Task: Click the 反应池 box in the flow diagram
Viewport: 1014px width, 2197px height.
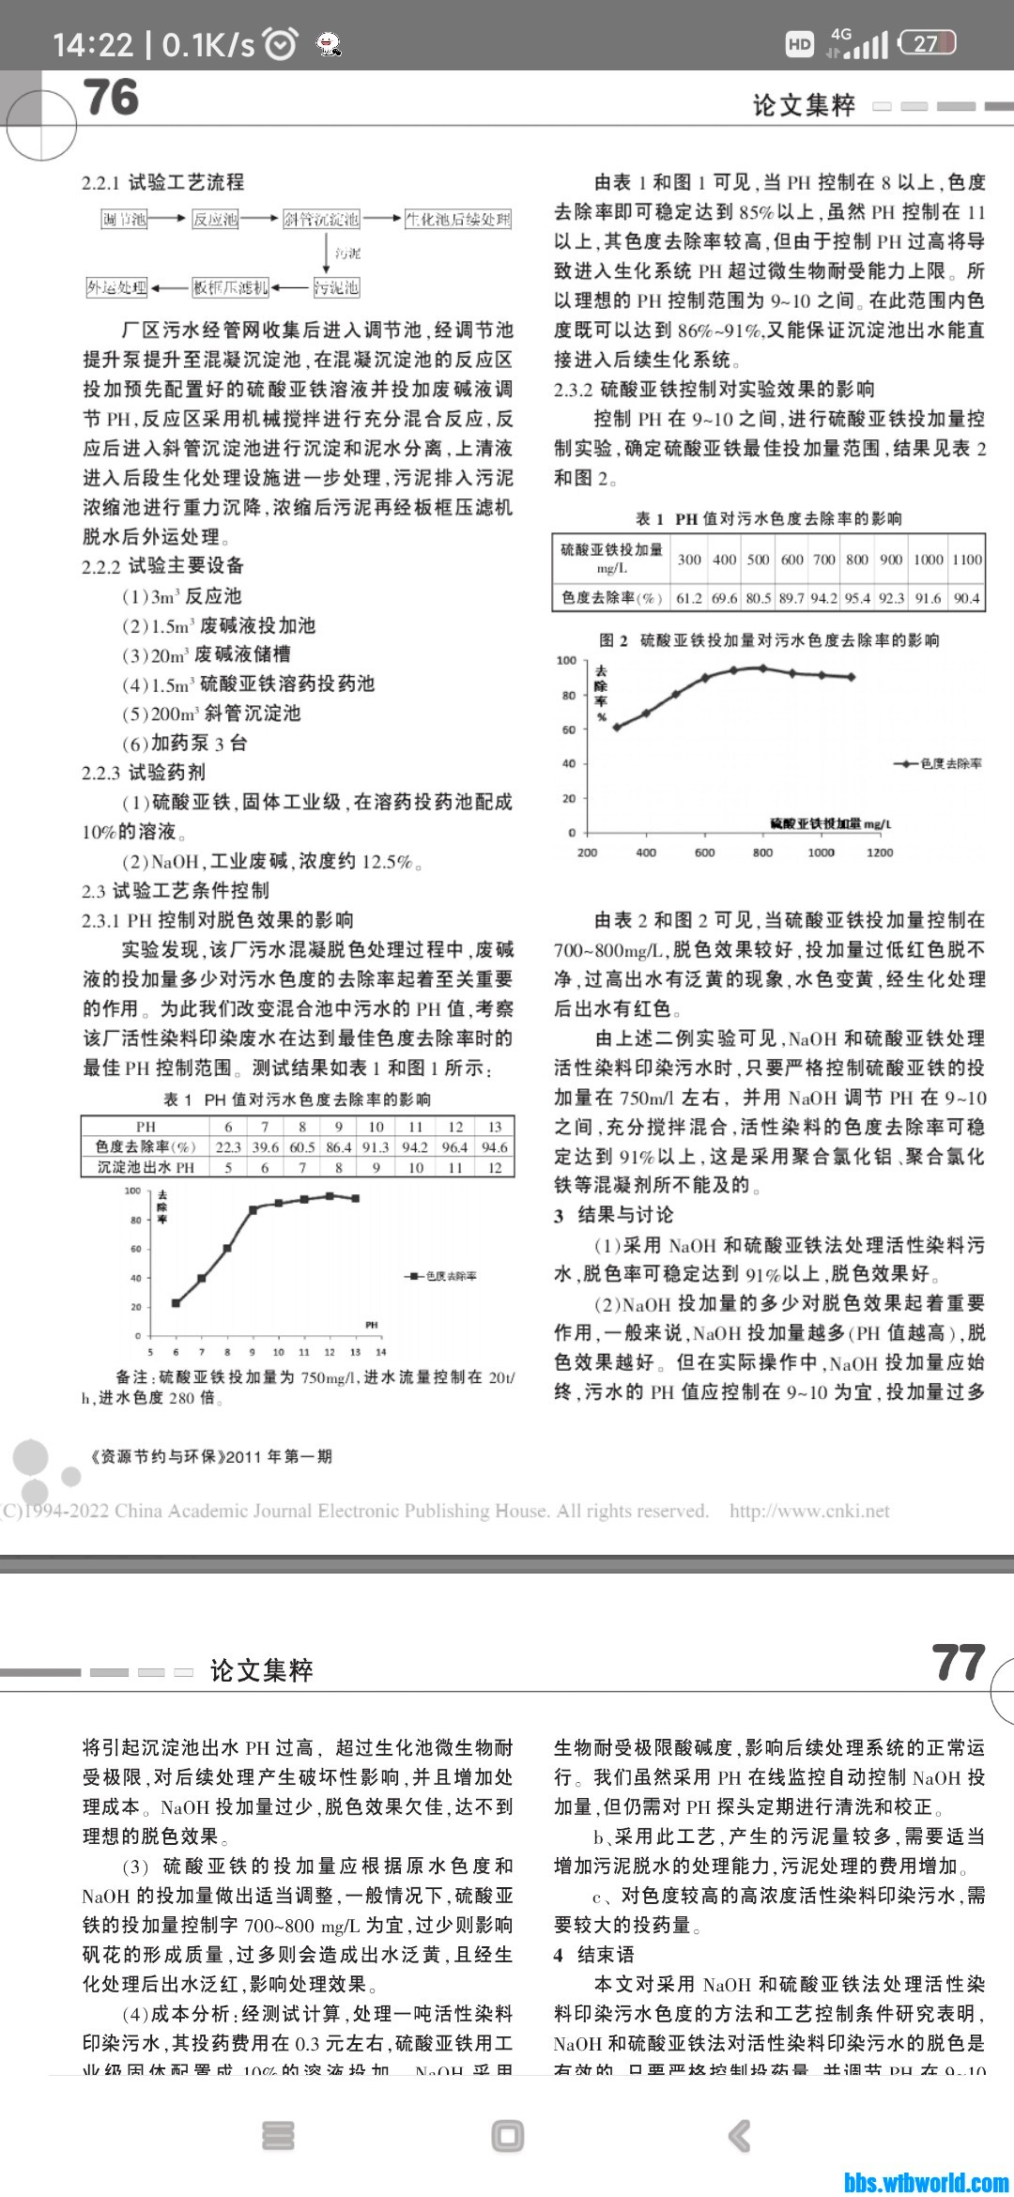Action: click(x=215, y=220)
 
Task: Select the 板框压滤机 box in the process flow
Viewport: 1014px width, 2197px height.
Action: click(x=230, y=287)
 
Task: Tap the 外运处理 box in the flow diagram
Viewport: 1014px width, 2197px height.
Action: click(x=117, y=287)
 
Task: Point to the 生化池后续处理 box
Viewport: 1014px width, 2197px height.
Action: click(x=458, y=220)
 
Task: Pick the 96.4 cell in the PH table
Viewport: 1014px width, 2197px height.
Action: click(x=455, y=1146)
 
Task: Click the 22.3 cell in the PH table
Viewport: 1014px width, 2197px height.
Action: click(x=228, y=1146)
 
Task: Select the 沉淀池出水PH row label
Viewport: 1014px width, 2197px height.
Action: click(x=146, y=1167)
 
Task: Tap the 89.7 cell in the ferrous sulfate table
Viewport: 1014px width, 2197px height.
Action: click(x=791, y=598)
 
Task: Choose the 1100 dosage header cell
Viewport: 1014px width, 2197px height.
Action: click(x=967, y=560)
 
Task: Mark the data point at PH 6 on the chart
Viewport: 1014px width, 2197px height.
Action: click(x=176, y=1302)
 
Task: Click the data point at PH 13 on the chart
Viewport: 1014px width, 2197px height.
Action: click(x=355, y=1198)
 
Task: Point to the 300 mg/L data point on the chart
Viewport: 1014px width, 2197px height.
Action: click(x=617, y=727)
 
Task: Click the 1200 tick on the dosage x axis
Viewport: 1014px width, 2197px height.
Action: click(x=880, y=853)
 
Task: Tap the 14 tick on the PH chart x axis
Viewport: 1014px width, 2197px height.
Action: click(x=380, y=1352)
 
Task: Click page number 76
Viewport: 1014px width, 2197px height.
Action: click(x=111, y=98)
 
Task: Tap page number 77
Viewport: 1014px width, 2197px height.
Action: click(x=958, y=1663)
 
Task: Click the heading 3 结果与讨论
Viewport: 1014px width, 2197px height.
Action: click(x=614, y=1215)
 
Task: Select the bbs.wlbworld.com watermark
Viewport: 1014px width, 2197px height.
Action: click(x=926, y=2182)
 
